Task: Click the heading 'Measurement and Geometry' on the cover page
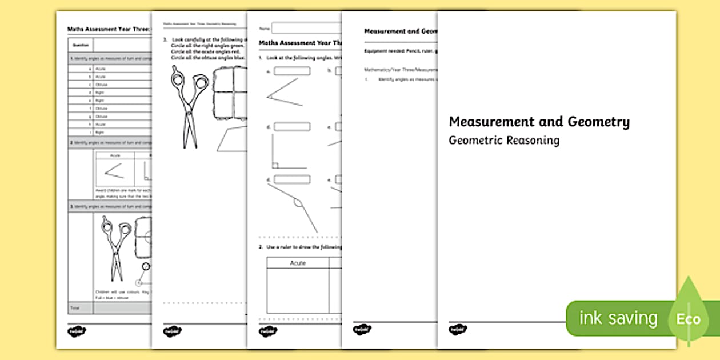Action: pos(539,122)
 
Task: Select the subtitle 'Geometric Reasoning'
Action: pos(503,141)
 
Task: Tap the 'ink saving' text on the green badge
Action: pos(618,318)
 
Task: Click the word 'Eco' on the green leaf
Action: pos(689,319)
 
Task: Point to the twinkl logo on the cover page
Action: pos(457,330)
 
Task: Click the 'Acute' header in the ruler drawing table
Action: pos(298,263)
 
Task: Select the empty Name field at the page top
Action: pos(306,28)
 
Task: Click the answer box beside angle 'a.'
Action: pos(291,71)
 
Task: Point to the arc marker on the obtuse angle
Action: pos(297,202)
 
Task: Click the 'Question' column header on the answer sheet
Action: pos(80,45)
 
